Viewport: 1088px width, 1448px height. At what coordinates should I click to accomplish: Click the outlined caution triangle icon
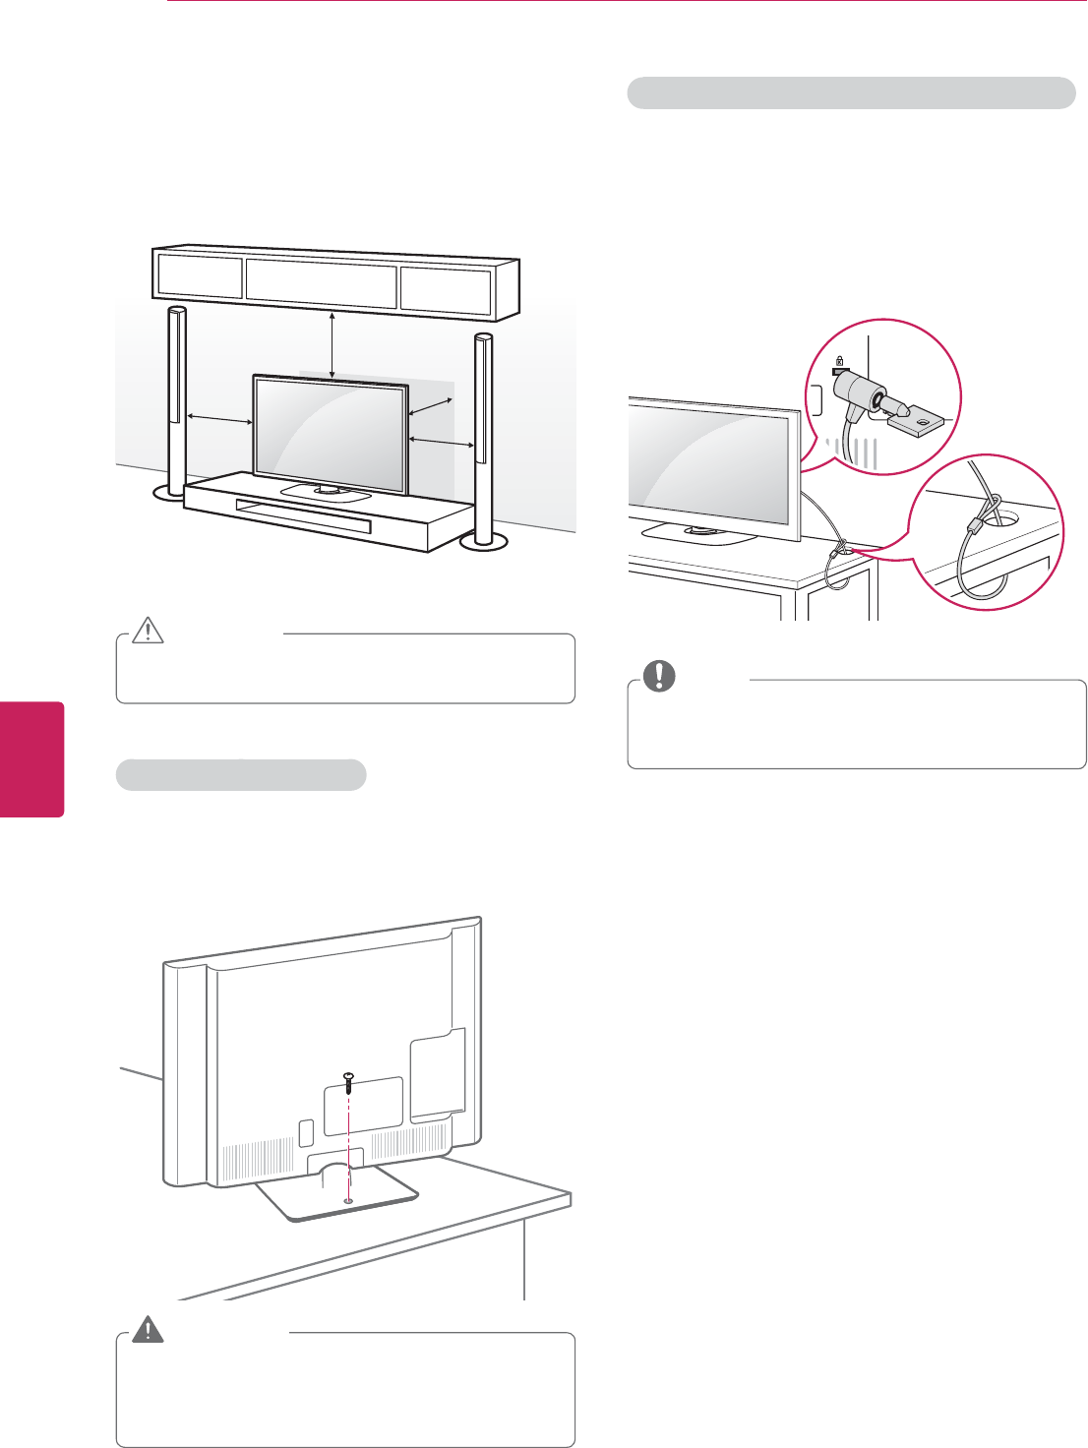148,629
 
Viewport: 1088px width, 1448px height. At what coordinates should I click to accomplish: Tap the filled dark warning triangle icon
149,1329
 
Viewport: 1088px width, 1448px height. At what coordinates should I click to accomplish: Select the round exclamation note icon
656,674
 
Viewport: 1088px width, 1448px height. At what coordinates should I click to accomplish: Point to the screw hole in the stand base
349,1201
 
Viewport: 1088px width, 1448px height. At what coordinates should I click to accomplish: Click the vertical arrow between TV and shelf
332,344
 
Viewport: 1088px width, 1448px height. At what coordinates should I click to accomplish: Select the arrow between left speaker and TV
219,419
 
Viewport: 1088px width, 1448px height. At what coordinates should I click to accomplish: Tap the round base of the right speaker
483,539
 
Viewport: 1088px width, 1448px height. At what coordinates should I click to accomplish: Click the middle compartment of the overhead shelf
321,280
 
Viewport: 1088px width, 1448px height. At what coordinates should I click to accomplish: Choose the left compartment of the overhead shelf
200,277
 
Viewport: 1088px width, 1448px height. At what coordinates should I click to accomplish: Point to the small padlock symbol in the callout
838,361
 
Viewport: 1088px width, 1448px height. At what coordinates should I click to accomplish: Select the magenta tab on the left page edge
31,758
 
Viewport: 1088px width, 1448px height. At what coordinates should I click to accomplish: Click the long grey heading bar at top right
851,92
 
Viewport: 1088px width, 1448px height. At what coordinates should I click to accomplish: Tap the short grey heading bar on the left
241,774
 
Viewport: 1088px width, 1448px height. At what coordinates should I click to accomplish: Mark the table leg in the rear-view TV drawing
525,1259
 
